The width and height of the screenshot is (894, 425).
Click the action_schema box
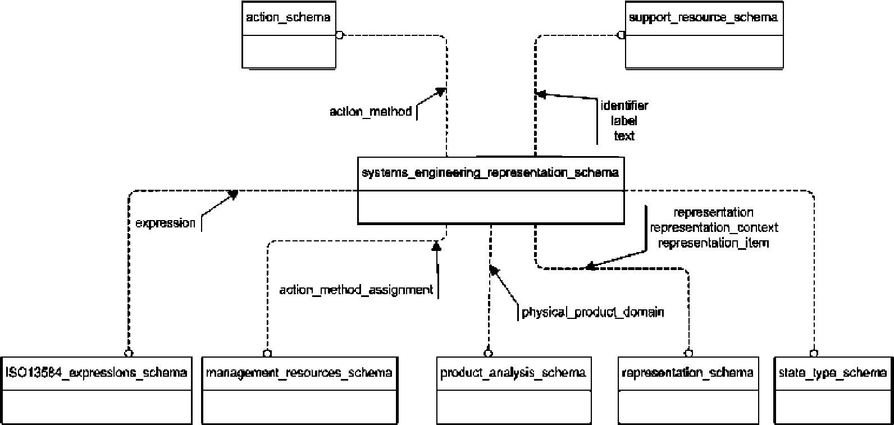click(289, 35)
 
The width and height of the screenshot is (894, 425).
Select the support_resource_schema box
click(704, 35)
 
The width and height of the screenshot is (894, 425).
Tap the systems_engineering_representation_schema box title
click(490, 173)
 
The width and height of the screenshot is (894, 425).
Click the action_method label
click(371, 112)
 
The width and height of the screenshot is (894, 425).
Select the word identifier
click(624, 106)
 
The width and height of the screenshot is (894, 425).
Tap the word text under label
click(624, 136)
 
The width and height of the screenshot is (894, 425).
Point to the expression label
click(166, 223)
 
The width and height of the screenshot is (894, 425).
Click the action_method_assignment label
click(356, 290)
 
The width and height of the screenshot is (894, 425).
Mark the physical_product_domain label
click(593, 312)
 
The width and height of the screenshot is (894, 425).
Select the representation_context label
click(714, 228)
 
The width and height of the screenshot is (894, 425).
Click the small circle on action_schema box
click(339, 35)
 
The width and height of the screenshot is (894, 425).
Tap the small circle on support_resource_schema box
click(621, 35)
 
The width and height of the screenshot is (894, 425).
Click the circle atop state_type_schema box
click(813, 353)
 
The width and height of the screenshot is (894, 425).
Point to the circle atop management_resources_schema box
click(267, 353)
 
